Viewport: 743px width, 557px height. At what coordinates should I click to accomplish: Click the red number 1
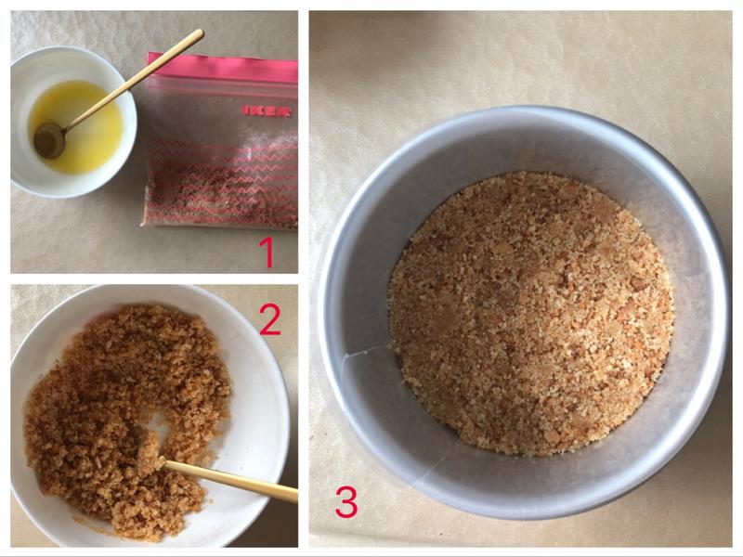pos(267,253)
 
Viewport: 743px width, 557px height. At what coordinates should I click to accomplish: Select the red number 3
pos(346,502)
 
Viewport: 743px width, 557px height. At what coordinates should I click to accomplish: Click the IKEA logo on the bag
pos(267,111)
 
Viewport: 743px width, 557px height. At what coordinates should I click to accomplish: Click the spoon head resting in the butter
pos(50,140)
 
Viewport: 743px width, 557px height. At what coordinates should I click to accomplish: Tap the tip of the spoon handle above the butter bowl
pos(201,32)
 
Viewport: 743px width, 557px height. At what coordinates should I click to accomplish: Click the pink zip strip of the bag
pos(223,69)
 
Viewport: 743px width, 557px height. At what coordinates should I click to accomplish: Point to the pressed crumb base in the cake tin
pos(530,314)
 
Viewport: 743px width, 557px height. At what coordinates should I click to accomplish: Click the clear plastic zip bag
pos(220,141)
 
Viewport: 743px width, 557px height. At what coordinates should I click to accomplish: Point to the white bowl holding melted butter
pos(73,122)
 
